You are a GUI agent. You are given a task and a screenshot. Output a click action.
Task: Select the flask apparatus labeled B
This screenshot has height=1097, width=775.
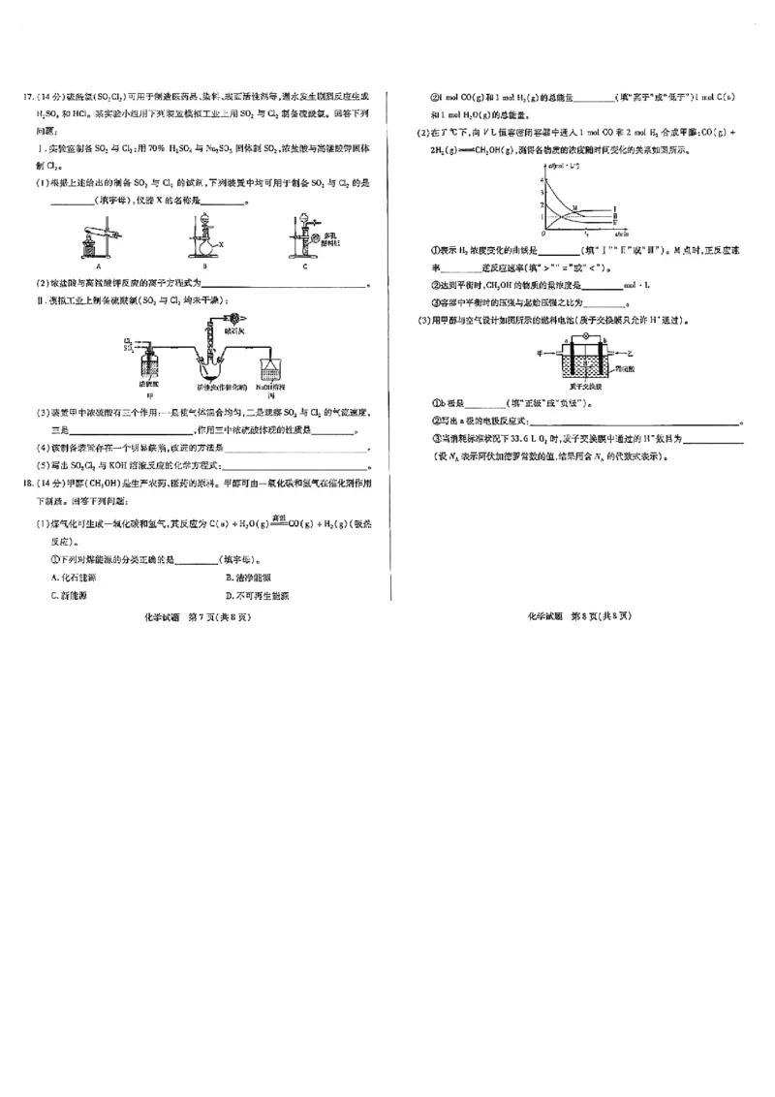coord(204,238)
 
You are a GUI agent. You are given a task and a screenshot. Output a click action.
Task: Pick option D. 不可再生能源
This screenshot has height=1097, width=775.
coord(258,596)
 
